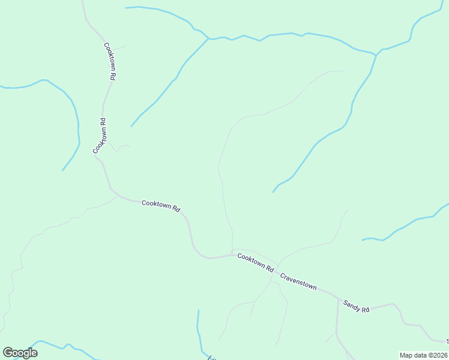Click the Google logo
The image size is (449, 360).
20,353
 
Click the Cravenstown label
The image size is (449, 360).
298,281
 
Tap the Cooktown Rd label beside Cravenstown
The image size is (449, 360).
255,262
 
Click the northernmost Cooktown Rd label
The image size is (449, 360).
109,61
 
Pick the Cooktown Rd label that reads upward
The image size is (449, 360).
100,136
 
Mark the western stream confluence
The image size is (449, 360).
208,39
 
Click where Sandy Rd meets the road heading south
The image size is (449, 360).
338,299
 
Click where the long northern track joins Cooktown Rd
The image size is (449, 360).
232,253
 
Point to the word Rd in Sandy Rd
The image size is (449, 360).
364,308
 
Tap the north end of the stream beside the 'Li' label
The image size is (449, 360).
198,311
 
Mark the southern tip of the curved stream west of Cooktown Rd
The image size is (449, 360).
62,170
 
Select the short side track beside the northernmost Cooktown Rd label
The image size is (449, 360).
119,46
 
